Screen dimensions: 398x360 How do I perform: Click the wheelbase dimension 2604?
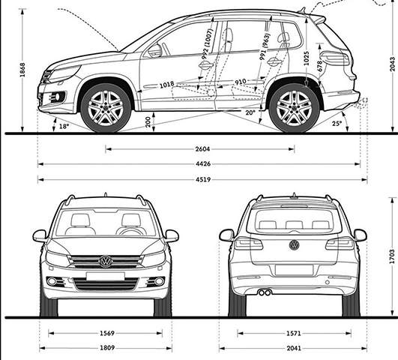tap(202, 149)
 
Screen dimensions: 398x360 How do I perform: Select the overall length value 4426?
tap(203, 163)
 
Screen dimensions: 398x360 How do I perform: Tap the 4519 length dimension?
tap(203, 179)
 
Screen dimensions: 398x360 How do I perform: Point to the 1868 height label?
tap(22, 70)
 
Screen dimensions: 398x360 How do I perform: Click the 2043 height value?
tap(393, 64)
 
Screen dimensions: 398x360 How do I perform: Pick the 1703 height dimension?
tap(392, 256)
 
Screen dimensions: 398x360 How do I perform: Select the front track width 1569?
tap(107, 333)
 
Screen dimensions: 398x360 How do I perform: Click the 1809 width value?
tap(107, 347)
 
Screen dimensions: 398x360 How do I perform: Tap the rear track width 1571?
tap(293, 333)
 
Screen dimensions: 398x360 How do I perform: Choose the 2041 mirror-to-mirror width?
tap(294, 348)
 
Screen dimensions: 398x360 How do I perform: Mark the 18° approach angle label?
tap(64, 126)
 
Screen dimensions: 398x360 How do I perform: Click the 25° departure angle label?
tap(337, 124)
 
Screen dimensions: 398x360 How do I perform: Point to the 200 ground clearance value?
tap(148, 122)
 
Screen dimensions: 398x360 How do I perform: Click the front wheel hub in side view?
tap(106, 108)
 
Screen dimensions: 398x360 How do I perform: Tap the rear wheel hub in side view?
tap(294, 108)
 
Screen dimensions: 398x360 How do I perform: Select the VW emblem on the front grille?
tap(106, 262)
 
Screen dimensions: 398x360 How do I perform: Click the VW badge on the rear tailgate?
tap(294, 245)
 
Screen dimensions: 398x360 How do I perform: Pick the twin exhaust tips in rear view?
tap(265, 292)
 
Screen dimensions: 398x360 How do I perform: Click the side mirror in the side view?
tap(155, 51)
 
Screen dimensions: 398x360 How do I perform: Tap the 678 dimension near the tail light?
tap(320, 65)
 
